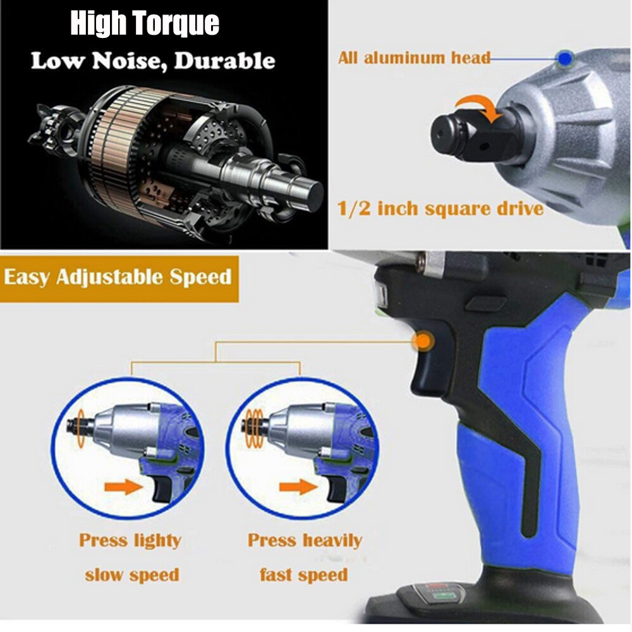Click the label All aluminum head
click(414, 58)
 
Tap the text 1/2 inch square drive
click(441, 209)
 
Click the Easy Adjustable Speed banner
click(118, 277)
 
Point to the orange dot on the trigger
click(422, 342)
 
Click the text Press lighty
click(130, 540)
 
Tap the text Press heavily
click(305, 540)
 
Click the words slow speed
click(131, 575)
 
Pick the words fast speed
click(303, 575)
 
